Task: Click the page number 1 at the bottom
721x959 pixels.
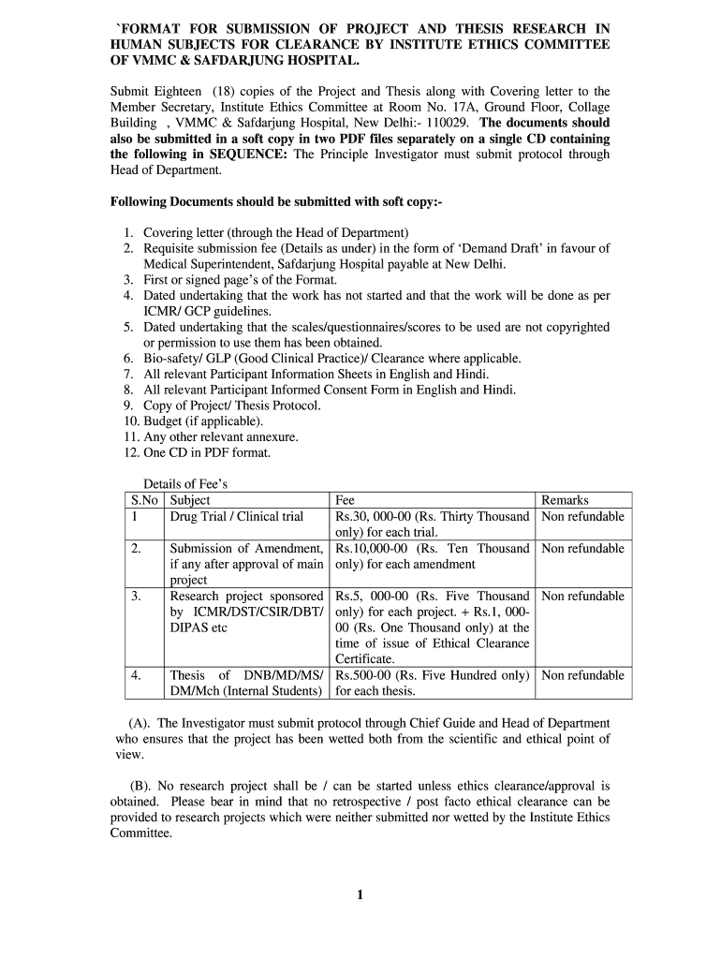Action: (x=360, y=894)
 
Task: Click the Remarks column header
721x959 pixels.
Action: (x=565, y=501)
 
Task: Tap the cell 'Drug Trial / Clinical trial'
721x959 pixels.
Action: (x=236, y=517)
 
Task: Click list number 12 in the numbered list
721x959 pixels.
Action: (x=131, y=453)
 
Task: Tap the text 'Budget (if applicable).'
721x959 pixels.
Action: (x=197, y=421)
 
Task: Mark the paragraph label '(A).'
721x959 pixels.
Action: (x=140, y=724)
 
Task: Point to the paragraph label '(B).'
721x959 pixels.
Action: (x=140, y=787)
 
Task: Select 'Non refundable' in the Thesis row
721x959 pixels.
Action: (x=582, y=675)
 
